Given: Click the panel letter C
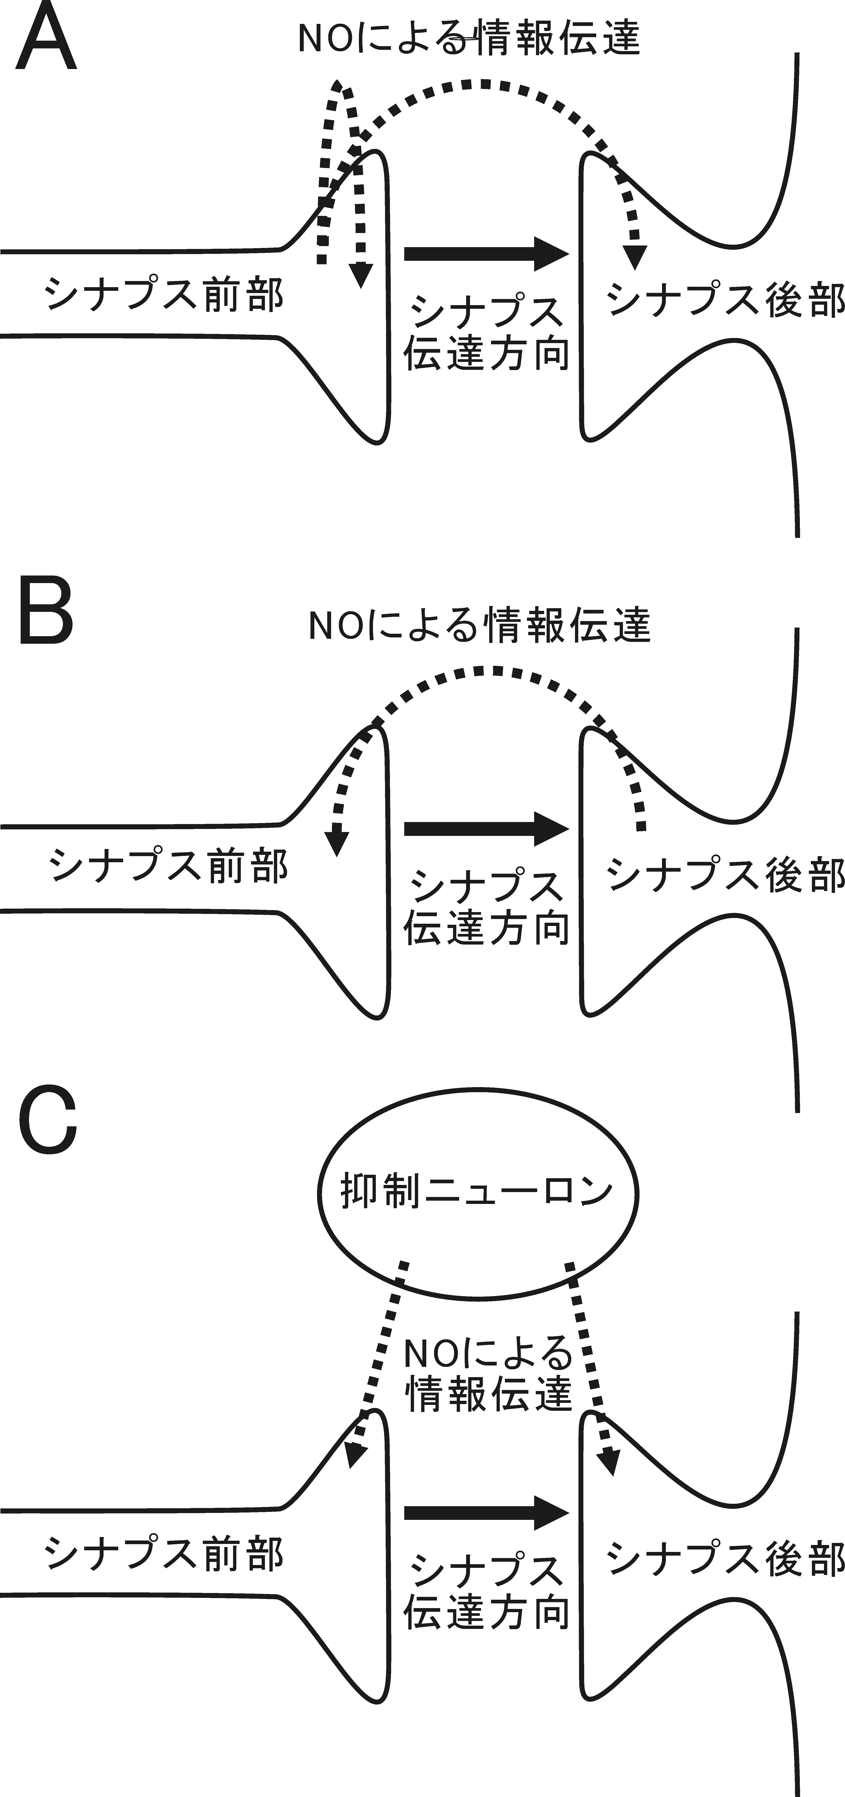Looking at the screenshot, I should click(47, 1130).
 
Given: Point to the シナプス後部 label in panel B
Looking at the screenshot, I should click(726, 874).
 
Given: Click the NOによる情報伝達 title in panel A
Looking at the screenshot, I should click(469, 38).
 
